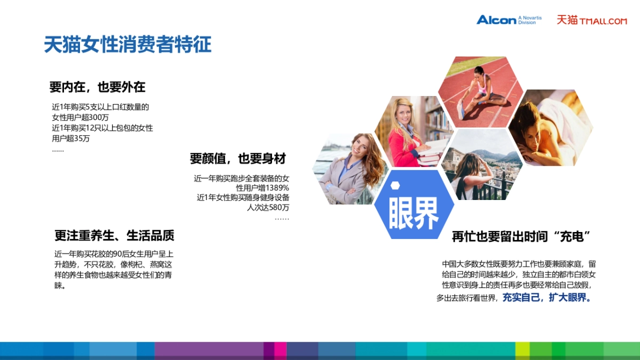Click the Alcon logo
pos(497,20)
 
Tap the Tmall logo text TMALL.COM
pos(603,21)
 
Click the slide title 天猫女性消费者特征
pos(127,44)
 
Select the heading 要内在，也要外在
pos(97,86)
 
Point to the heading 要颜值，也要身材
pos(238,158)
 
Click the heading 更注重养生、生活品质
pos(114,235)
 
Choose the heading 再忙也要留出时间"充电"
pos(524,236)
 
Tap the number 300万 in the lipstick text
pos(99,117)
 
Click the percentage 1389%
pos(277,188)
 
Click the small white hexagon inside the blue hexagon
pos(395,186)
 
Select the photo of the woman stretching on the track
pos(480,92)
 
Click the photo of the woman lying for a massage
pos(549,128)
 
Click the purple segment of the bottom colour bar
pos(208,350)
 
